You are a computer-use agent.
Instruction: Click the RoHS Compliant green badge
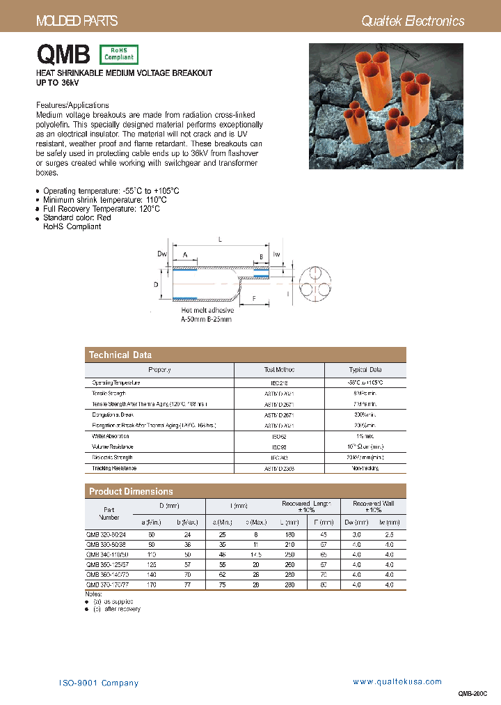tap(119, 54)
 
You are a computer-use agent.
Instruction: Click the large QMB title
tap(63, 54)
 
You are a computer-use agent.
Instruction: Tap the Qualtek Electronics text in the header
tap(413, 21)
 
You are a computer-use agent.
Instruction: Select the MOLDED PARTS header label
tap(77, 22)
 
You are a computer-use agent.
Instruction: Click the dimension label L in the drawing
tap(220, 239)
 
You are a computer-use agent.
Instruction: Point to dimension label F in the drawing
tap(255, 297)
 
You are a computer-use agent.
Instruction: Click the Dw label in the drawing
tap(161, 254)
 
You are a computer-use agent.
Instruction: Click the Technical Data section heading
tap(120, 355)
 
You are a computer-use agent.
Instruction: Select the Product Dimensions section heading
tap(131, 491)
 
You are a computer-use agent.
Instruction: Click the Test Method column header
tap(279, 370)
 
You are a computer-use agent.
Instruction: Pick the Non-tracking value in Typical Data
tap(365, 469)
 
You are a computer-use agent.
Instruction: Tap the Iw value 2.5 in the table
tap(389, 534)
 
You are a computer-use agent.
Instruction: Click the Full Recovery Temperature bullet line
tap(102, 208)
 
